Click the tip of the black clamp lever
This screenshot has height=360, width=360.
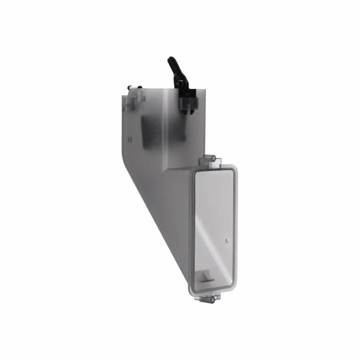coord(171,59)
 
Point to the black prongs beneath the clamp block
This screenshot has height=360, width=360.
coord(189,110)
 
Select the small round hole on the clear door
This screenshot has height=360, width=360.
coord(227,240)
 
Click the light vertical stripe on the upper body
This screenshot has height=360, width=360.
coord(167,124)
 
